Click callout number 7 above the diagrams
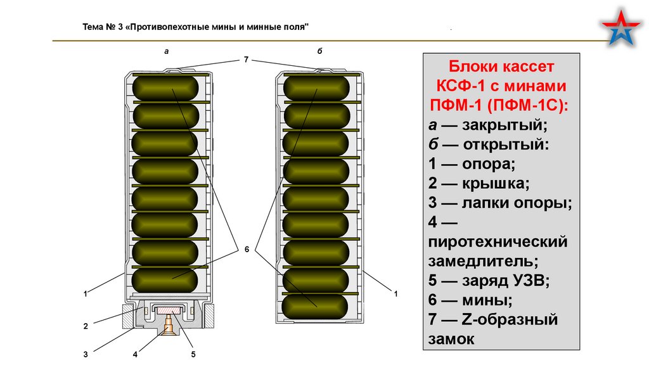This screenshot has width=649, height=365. (246, 59)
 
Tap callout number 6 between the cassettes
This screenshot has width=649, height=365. (247, 249)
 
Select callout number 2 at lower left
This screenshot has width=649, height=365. (85, 326)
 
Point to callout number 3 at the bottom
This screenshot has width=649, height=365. (85, 354)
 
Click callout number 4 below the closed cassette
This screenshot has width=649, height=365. (136, 354)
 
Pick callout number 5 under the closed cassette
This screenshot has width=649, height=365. (193, 354)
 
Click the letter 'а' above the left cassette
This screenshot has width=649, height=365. (166, 51)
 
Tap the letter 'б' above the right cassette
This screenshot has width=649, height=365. (319, 51)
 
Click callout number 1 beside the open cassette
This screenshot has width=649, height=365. (395, 293)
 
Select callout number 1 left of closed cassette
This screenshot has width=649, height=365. (85, 293)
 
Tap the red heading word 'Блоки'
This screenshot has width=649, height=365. (475, 67)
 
